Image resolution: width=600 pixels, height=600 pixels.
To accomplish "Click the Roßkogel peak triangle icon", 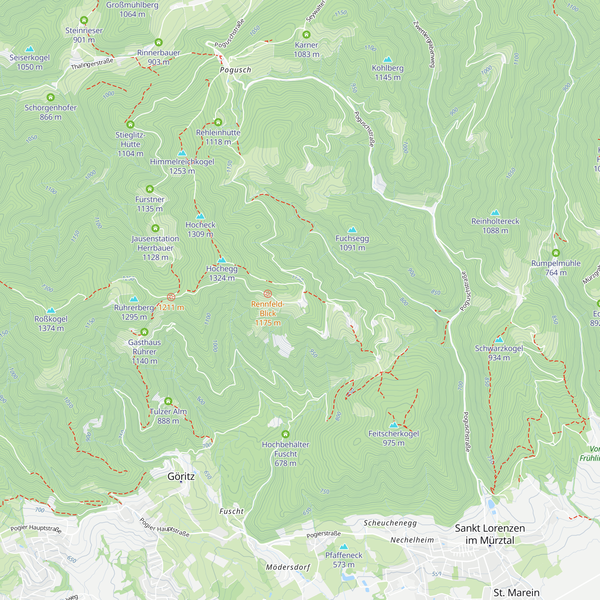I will tap(51, 310).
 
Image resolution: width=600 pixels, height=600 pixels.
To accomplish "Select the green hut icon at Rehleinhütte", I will tap(218, 122).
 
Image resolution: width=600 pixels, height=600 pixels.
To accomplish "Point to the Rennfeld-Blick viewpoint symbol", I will tap(267, 293).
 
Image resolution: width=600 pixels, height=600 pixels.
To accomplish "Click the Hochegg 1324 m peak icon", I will tap(221, 260).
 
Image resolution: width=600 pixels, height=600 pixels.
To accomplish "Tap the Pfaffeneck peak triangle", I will tap(343, 547).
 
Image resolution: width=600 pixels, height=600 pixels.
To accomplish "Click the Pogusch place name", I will tap(235, 70).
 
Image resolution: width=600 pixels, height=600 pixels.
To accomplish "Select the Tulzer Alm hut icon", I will tap(168, 401).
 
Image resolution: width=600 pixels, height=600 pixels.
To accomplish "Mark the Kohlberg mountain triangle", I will tap(387, 59).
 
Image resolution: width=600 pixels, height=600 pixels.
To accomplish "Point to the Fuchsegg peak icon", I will tap(352, 230).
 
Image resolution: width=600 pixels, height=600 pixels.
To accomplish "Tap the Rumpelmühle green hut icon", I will tap(556, 253).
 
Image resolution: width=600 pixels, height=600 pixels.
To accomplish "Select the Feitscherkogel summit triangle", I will tap(393, 425).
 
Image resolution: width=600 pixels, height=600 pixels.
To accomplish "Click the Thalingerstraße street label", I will tap(92, 64).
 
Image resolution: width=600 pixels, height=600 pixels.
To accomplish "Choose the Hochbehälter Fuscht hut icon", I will tap(285, 434).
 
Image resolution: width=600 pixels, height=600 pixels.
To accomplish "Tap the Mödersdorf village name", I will tap(288, 567).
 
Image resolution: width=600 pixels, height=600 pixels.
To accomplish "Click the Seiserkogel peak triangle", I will tap(29, 49).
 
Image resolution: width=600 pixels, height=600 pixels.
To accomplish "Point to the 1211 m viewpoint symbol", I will tap(171, 297).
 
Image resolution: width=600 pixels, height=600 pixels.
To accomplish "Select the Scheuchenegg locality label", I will tap(390, 523).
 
